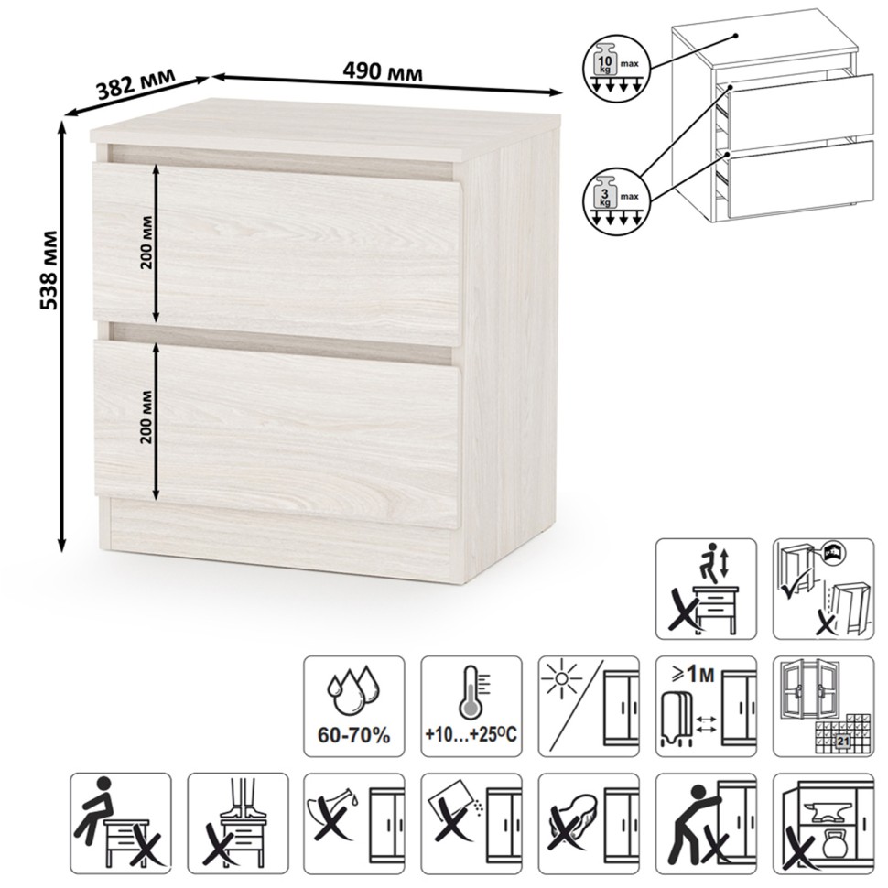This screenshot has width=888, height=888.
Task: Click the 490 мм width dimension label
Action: point(383,72)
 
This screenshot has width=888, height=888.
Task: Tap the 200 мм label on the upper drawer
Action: point(146,243)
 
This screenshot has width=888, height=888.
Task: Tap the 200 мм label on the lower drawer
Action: point(146,417)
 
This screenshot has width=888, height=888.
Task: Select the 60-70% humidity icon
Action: point(354,706)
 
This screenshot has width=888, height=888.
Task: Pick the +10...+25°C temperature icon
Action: point(471,706)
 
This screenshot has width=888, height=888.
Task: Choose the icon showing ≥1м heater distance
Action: point(706,706)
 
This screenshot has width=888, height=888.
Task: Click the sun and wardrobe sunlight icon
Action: point(589,706)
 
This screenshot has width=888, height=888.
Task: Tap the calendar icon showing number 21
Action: point(823,706)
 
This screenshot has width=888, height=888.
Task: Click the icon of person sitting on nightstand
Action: point(120,824)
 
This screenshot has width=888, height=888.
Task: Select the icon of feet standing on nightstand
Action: point(238,824)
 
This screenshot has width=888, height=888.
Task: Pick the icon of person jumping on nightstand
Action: point(706,589)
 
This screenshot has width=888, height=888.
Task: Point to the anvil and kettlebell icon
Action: point(823,824)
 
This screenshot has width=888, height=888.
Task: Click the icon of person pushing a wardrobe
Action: point(706,824)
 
